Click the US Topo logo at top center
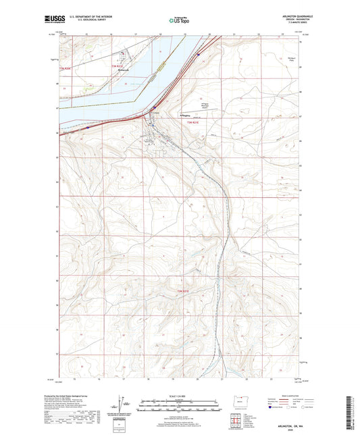(179, 20)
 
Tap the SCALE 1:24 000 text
(180, 396)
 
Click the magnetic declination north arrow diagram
(126, 405)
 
